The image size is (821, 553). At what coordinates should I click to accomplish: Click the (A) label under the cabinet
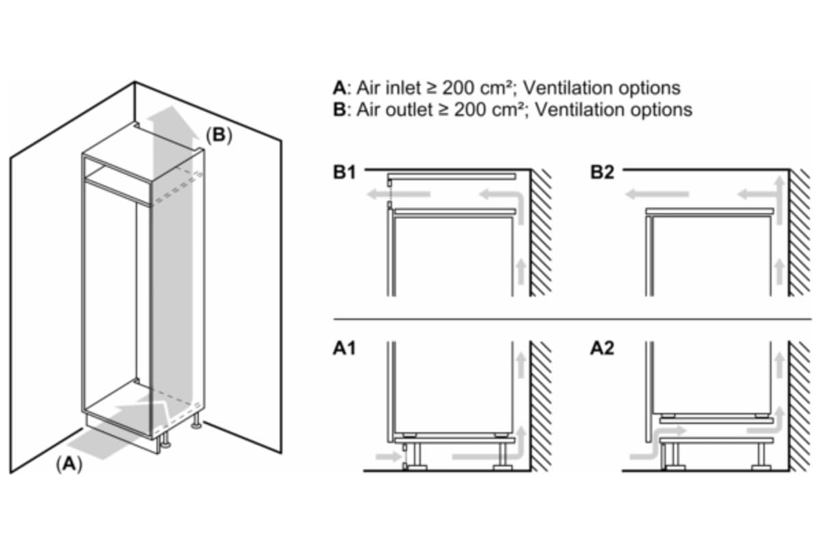[68, 464]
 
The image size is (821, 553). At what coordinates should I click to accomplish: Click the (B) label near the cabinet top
[219, 136]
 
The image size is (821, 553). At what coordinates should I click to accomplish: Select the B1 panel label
[345, 173]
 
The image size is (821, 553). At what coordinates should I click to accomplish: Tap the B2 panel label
[602, 173]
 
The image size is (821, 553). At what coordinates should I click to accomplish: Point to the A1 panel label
[345, 349]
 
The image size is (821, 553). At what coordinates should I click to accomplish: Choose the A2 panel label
[602, 349]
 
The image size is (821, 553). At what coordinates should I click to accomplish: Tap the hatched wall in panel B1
[542, 233]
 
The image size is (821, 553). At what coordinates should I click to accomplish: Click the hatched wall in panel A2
[798, 404]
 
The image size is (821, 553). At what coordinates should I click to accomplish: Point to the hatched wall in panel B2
[798, 233]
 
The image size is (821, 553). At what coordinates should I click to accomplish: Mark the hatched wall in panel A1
[542, 404]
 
